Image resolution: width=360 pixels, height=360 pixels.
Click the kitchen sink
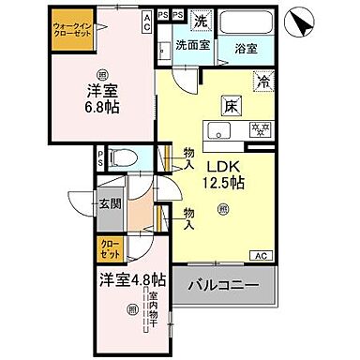218,130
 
